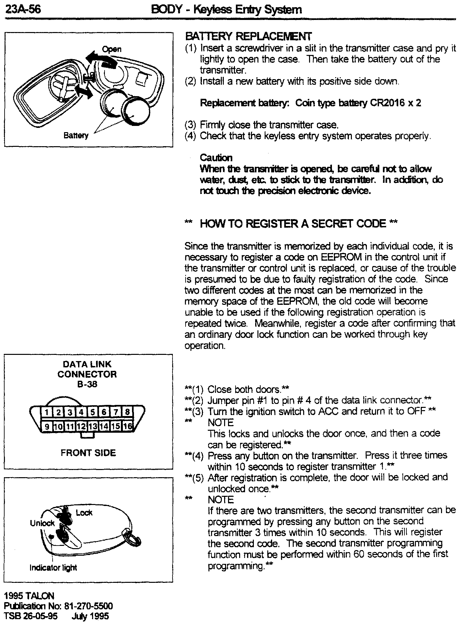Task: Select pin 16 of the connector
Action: pos(128,426)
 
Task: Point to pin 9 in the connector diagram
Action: pos(47,426)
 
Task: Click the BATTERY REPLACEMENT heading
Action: pos(248,36)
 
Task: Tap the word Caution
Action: pos(216,158)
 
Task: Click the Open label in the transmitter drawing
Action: pos(112,49)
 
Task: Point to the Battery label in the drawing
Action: pos(76,135)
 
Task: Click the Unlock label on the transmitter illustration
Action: pos(42,523)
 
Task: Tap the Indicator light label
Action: pos(53,568)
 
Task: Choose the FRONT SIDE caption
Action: pos(88,453)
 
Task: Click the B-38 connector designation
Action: pos(87,384)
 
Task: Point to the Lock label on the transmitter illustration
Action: pos(84,513)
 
